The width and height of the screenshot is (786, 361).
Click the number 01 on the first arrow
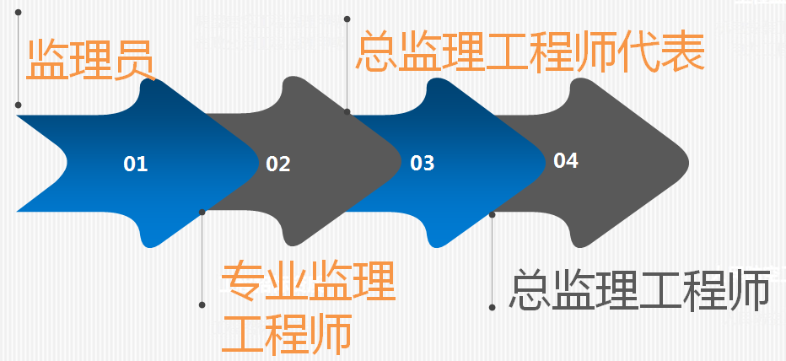[135, 164]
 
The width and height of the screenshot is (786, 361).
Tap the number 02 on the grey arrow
[278, 164]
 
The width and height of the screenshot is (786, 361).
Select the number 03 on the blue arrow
[422, 163]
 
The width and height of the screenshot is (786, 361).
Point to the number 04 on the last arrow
[566, 160]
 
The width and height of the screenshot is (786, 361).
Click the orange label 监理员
[90, 60]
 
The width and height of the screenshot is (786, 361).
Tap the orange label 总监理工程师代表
[530, 50]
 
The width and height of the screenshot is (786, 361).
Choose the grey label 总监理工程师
[639, 290]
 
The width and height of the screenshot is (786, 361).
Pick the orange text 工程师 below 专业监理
[286, 334]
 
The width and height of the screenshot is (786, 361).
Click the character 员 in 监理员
[134, 60]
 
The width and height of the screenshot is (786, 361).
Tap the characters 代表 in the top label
[662, 50]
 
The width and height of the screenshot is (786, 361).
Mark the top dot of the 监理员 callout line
[18, 12]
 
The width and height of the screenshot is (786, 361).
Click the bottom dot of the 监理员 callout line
[18, 105]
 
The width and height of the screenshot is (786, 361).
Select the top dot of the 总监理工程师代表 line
[347, 19]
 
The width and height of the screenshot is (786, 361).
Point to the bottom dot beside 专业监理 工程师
[202, 304]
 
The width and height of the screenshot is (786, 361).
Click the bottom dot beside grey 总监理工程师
[493, 307]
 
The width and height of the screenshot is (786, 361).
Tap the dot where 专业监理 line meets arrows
[202, 212]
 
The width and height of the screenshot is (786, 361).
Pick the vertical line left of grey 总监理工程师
[493, 261]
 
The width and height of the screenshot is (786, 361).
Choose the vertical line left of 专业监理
[202, 258]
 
